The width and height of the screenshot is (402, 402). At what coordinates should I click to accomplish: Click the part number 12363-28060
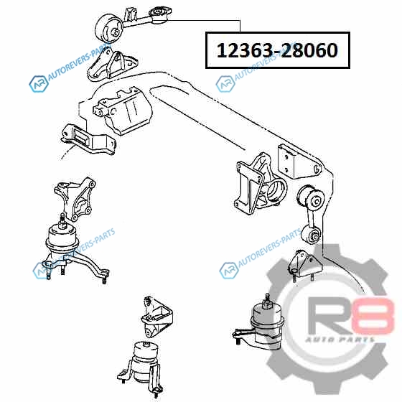(x=277, y=50)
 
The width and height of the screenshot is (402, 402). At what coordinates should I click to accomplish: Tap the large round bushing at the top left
(x=109, y=29)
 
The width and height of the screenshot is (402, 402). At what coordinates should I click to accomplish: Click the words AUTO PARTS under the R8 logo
(x=340, y=340)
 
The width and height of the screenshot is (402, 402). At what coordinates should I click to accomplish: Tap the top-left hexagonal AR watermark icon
(x=39, y=84)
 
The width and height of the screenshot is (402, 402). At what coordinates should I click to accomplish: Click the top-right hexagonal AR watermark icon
(x=225, y=84)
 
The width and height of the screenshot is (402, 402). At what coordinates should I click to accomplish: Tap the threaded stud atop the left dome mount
(x=62, y=220)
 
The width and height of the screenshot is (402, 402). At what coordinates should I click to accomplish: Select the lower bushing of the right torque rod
(x=312, y=234)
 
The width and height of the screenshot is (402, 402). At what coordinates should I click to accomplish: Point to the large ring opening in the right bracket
(x=276, y=191)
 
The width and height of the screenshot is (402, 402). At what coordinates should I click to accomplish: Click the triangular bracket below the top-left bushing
(x=112, y=65)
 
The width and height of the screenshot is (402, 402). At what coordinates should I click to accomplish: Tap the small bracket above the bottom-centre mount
(x=156, y=317)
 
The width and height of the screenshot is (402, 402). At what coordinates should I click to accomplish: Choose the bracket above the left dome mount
(x=75, y=199)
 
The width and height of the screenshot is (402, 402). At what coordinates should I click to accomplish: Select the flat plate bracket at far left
(x=88, y=140)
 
